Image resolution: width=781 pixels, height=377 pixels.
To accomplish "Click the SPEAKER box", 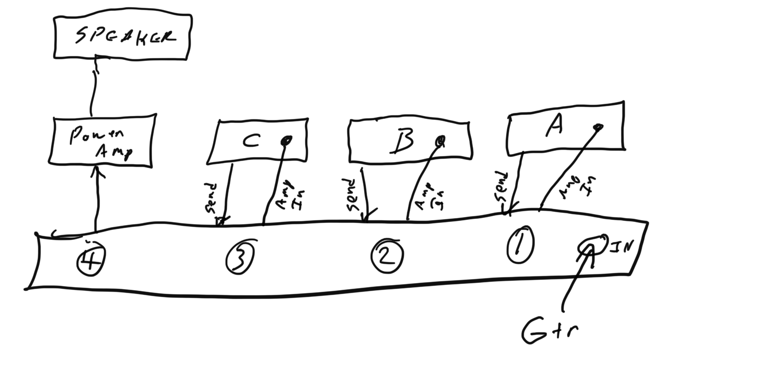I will [x=123, y=37].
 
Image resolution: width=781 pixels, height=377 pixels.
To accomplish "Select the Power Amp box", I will [x=102, y=140].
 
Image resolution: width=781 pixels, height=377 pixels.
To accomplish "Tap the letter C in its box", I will [x=251, y=141].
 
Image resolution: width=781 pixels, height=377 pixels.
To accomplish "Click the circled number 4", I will [x=91, y=262].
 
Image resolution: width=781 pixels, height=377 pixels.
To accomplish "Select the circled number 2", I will [x=387, y=255].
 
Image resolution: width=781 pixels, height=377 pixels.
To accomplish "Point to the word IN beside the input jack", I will [x=620, y=247].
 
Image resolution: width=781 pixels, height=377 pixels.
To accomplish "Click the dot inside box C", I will [x=286, y=140].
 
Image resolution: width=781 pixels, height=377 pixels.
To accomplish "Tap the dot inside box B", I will [x=440, y=139].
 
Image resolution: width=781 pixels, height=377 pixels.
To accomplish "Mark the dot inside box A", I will [x=599, y=127].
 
